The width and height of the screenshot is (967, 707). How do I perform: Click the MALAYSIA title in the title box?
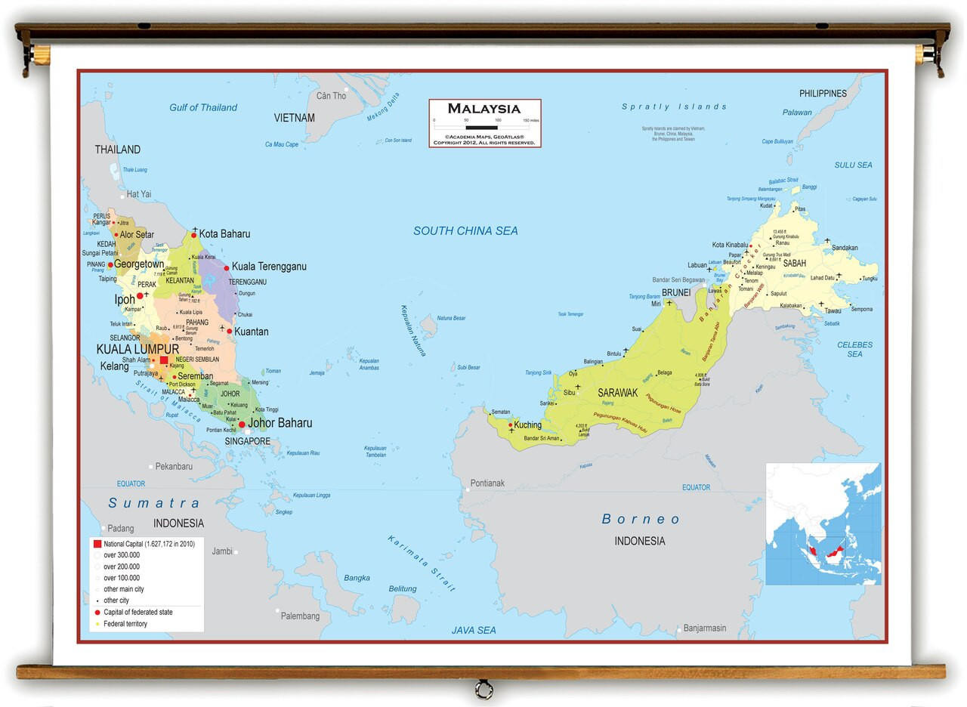(x=484, y=109)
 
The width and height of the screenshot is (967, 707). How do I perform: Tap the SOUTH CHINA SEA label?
(x=465, y=231)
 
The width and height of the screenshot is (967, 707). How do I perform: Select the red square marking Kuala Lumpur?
(x=164, y=360)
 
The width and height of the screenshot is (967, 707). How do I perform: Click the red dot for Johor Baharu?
(x=242, y=425)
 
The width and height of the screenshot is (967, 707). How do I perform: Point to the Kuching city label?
(x=527, y=425)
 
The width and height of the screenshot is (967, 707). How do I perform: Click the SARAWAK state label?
(x=617, y=393)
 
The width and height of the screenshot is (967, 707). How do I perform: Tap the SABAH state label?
(x=794, y=264)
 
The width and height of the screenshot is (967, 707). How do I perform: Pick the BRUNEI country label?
(x=675, y=292)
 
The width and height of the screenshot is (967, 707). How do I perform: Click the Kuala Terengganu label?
(x=269, y=267)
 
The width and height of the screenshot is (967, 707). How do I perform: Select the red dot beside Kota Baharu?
(x=193, y=236)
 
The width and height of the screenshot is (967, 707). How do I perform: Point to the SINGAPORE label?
(x=247, y=441)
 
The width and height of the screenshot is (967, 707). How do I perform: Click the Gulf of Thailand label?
(x=203, y=108)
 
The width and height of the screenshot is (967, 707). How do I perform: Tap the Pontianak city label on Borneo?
(x=487, y=483)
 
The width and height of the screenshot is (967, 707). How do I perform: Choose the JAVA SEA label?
(x=474, y=630)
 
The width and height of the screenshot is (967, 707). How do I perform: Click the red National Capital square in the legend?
(x=97, y=544)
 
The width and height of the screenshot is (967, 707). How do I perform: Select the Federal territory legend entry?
(x=125, y=624)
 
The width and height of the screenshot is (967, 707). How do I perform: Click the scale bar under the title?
(x=485, y=128)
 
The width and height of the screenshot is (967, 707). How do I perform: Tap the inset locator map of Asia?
(x=823, y=524)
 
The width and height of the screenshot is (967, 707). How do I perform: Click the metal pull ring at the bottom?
(x=483, y=689)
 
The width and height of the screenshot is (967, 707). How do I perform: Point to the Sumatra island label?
(x=154, y=504)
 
